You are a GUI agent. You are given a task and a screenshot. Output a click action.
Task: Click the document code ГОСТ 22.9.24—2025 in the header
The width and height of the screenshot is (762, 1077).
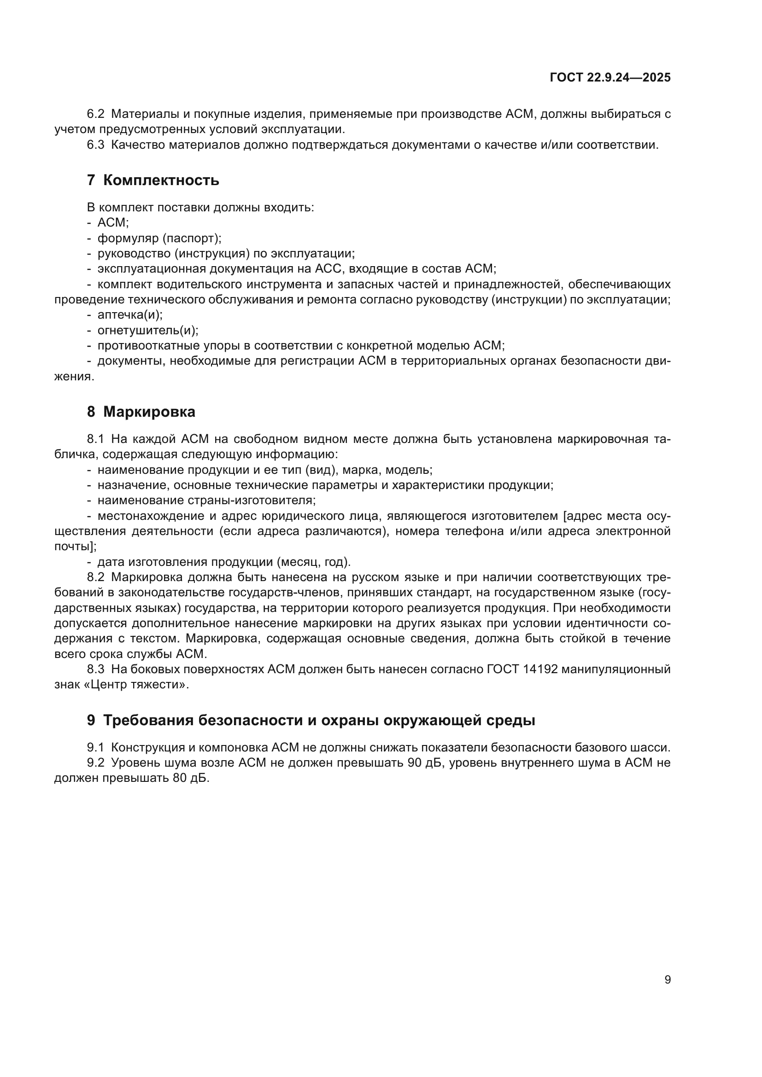610,78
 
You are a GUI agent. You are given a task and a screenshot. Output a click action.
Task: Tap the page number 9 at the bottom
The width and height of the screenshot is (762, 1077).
668,980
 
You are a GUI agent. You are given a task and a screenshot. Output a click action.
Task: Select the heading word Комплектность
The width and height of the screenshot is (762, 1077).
161,180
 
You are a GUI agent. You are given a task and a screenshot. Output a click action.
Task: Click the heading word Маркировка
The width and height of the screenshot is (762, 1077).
149,412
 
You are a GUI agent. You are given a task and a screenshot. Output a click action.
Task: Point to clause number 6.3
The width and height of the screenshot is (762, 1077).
96,145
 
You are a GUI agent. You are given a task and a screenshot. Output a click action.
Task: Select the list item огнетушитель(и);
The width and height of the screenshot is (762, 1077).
148,330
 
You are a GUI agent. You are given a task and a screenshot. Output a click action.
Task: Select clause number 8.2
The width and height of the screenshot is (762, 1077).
96,577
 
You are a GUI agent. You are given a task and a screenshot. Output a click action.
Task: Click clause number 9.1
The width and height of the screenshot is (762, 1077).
96,747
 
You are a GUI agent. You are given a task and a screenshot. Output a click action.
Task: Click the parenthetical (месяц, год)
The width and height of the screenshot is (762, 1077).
313,562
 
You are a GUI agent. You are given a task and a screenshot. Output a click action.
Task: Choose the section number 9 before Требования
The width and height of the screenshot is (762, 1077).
91,720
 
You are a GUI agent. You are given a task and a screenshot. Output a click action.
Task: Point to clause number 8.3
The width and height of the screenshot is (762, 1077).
96,669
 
